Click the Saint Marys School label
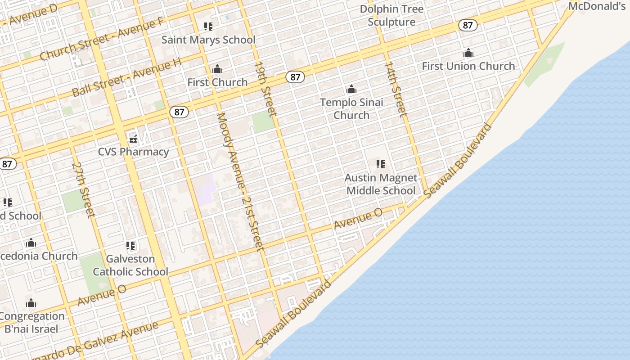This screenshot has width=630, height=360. tap(208, 40)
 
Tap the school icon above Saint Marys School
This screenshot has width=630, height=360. tap(208, 27)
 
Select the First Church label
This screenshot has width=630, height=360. tap(217, 82)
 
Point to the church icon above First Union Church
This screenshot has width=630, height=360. tap(468, 53)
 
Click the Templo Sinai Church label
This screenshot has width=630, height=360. tap(351, 108)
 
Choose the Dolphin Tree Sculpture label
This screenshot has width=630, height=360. tap(391, 15)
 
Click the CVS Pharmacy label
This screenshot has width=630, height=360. tap(134, 152)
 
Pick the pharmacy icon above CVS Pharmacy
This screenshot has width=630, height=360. tap(133, 139)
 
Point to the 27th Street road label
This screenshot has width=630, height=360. tap(84, 189)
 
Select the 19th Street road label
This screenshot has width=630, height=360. tap(265, 88)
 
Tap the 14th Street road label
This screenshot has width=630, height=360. tap(396, 89)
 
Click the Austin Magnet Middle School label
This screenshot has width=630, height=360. tap(381, 184)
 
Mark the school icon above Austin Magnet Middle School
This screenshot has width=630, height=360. tap(381, 164)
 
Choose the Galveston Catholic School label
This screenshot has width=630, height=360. tap(130, 265)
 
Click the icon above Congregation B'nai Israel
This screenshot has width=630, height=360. tap(31, 303)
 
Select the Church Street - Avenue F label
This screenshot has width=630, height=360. tap(101, 40)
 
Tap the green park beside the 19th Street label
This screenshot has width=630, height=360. tap(263, 121)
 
